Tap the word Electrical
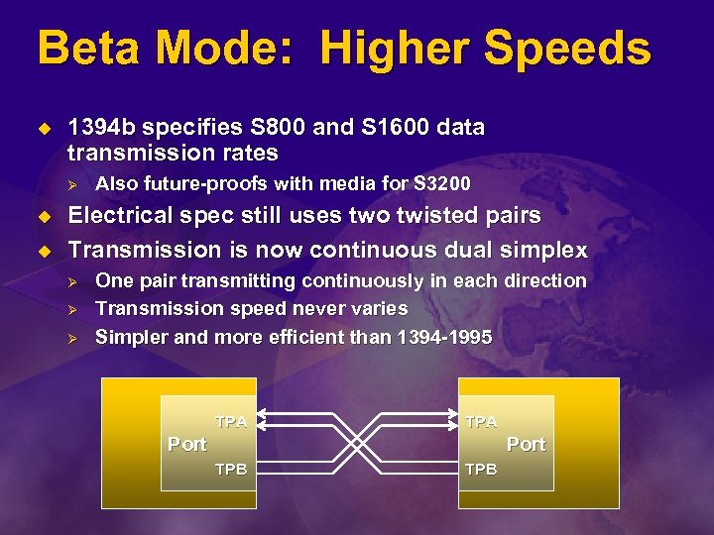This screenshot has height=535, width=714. [x=128, y=216]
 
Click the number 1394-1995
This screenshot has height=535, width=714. [x=443, y=337]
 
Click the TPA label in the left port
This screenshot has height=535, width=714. [x=231, y=422]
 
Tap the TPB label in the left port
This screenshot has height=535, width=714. [x=231, y=469]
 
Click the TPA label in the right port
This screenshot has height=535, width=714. [x=481, y=422]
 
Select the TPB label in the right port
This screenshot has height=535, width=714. [x=481, y=469]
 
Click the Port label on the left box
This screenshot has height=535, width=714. [x=187, y=445]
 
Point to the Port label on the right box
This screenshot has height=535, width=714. [x=527, y=445]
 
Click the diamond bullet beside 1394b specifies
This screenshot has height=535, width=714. [x=43, y=128]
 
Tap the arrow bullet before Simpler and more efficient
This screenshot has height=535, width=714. [x=70, y=337]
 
